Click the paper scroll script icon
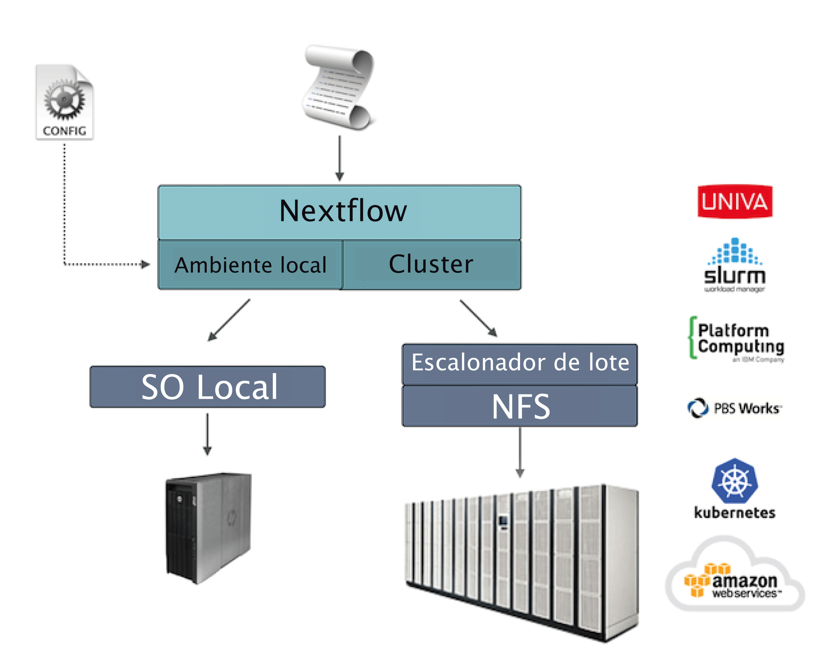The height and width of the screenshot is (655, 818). (339, 88)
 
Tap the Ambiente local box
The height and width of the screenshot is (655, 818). (250, 265)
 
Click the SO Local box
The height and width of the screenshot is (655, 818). (208, 387)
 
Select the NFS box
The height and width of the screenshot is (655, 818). (520, 406)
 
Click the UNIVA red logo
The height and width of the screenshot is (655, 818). (735, 202)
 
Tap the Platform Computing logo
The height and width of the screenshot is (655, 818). (736, 339)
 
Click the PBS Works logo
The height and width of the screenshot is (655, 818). (735, 408)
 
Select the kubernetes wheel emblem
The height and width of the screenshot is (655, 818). (735, 481)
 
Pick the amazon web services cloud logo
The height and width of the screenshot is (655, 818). (735, 577)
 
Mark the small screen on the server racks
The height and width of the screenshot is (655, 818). (503, 521)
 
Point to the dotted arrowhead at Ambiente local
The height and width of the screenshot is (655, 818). (145, 264)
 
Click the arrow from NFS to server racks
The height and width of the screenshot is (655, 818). (520, 452)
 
